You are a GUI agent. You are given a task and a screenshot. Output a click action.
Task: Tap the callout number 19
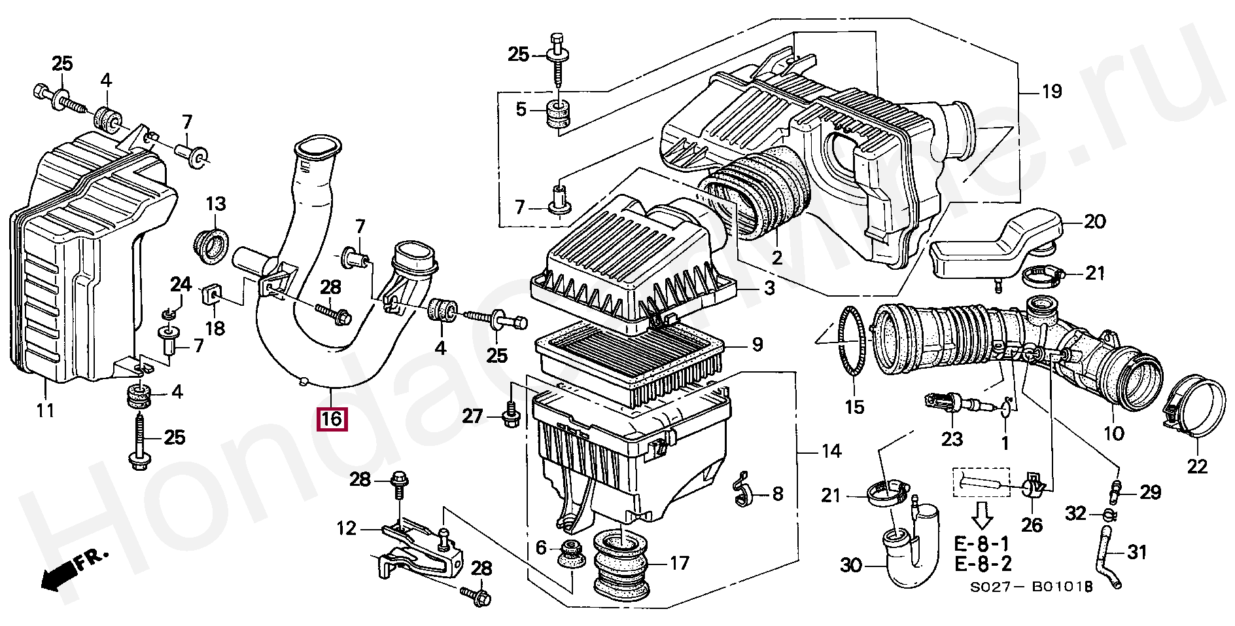(1051, 91)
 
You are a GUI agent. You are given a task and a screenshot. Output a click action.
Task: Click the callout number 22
(1197, 466)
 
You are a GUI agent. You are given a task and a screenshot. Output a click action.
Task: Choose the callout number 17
(679, 562)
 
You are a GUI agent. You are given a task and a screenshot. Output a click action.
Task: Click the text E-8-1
(983, 543)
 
